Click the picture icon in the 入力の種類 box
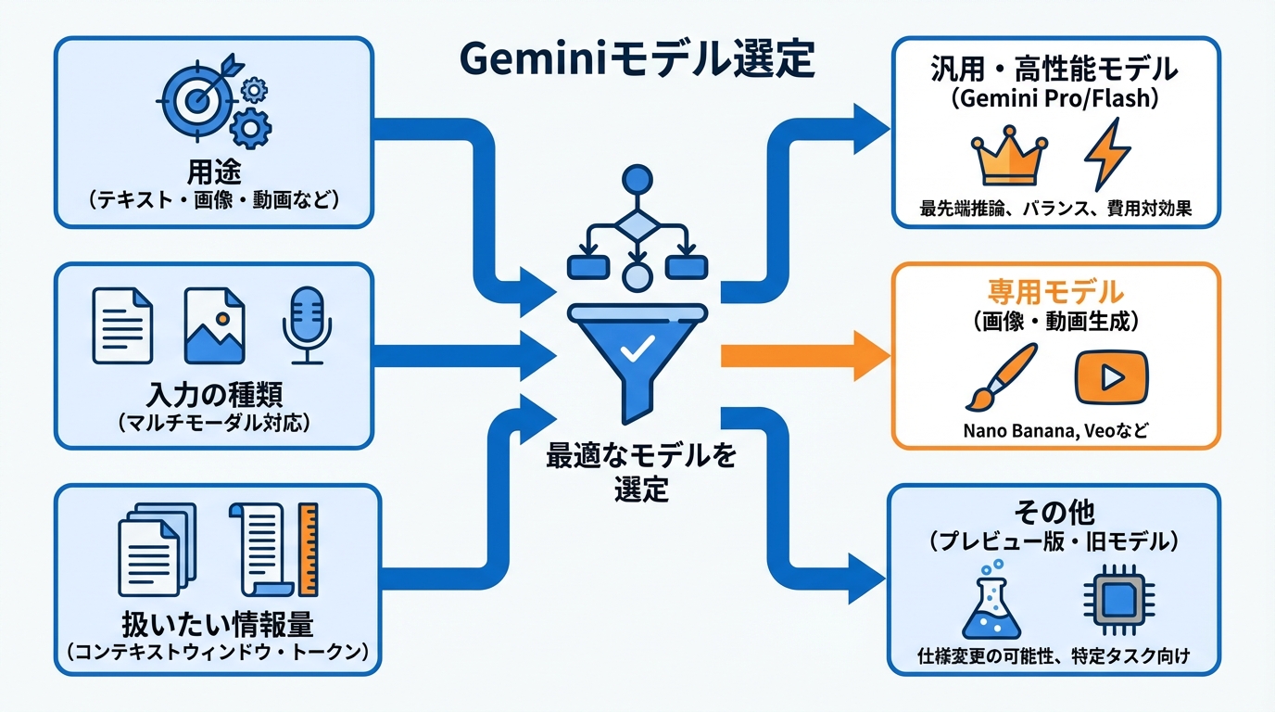214,325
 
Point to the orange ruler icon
309,549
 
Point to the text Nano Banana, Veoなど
1054,431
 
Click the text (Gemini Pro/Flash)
1053,100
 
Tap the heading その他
1054,512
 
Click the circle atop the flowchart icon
637,180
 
